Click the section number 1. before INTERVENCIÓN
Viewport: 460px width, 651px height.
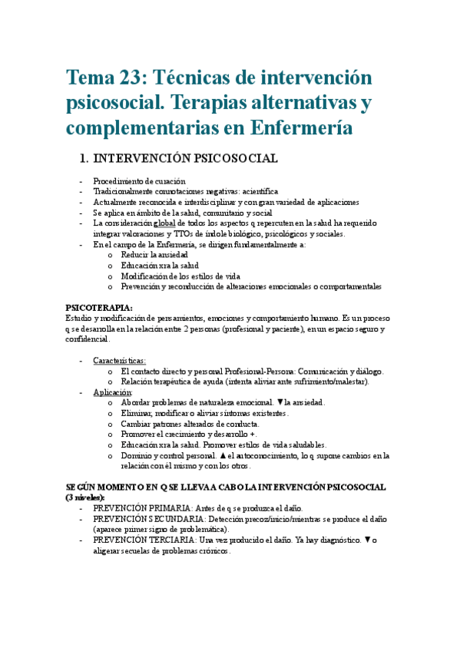point(84,159)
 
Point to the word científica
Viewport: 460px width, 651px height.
point(256,191)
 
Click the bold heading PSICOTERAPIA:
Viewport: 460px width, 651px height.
point(99,307)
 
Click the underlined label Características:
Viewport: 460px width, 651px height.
point(119,360)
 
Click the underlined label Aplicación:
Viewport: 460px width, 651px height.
point(113,392)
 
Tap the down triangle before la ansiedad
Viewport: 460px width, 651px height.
point(280,402)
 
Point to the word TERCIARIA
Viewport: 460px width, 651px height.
point(170,540)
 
